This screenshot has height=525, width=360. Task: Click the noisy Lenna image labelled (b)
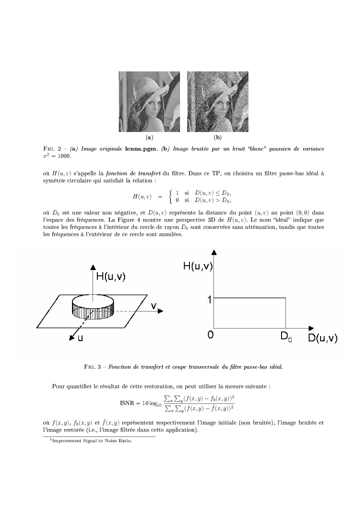click(218, 102)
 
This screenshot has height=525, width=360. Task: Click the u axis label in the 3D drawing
click(80, 338)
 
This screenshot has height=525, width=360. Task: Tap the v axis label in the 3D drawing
click(153, 305)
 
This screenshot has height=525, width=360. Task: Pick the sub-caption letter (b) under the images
click(218, 138)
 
